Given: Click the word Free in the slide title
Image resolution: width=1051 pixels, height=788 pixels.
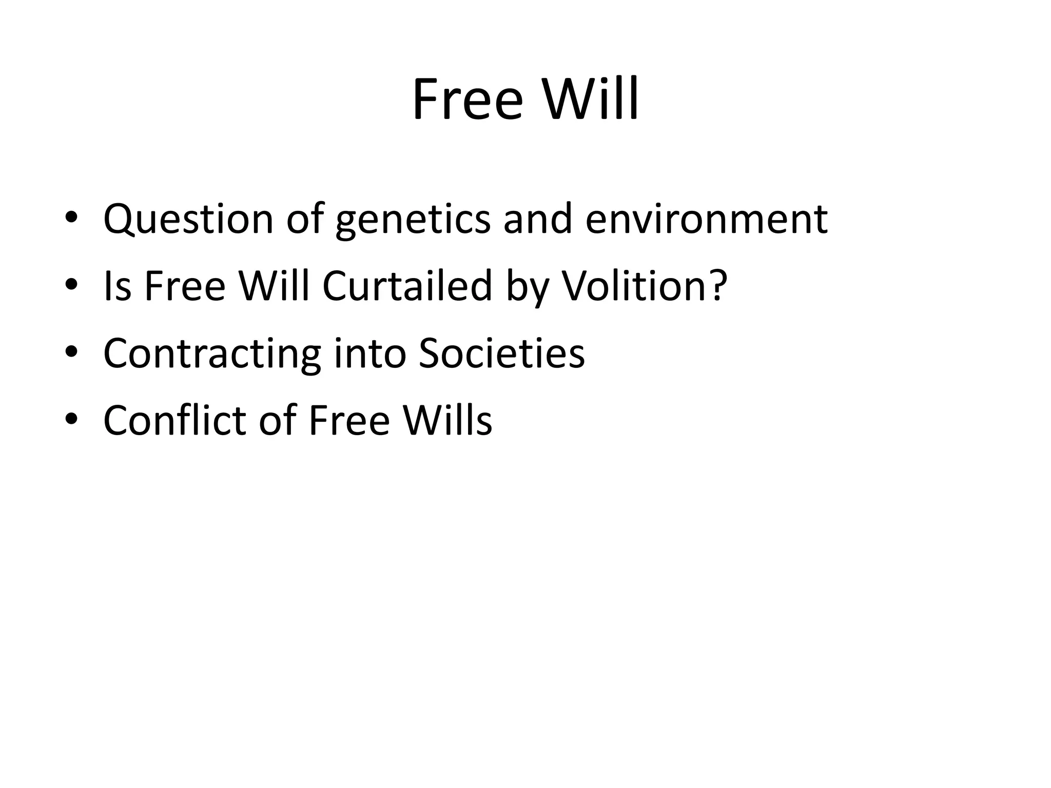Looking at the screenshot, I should pos(468,99).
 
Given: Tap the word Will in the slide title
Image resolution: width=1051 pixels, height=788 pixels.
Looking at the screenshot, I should pos(591,99).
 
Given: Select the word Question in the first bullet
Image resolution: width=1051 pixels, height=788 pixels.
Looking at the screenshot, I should pos(188,219).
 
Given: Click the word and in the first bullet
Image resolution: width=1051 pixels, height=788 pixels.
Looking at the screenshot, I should pos(537,219).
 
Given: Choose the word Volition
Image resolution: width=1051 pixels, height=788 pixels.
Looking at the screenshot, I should pos(634,286).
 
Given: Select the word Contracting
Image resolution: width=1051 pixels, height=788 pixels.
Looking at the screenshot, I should pos(212,354).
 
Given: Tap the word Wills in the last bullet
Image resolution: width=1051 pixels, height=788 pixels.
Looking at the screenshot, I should pos(447,420).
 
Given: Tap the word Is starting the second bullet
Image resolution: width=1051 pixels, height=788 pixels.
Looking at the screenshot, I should pos(118,286).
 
